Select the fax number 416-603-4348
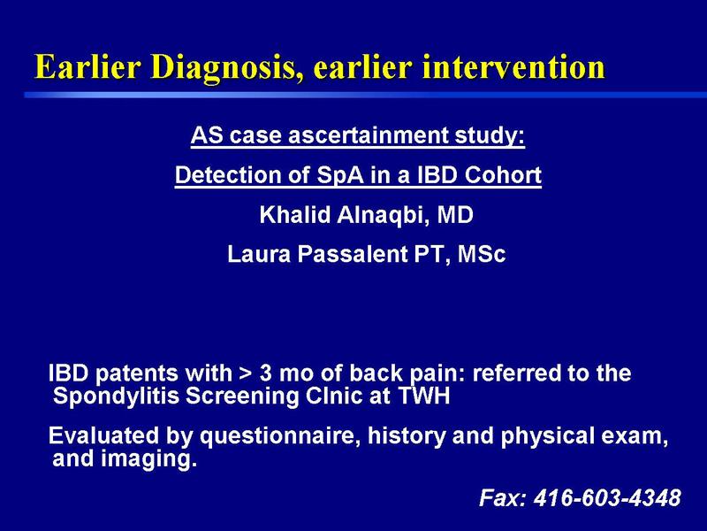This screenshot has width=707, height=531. point(607,498)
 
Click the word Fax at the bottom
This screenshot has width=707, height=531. point(502,498)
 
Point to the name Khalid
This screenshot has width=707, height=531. point(295,214)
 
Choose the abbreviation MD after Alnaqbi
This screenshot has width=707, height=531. point(455,214)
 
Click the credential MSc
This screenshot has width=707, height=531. point(481,254)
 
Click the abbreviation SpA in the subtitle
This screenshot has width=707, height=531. point(339,175)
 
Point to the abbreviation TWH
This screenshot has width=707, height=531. point(424,396)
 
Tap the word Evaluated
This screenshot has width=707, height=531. point(103,435)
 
